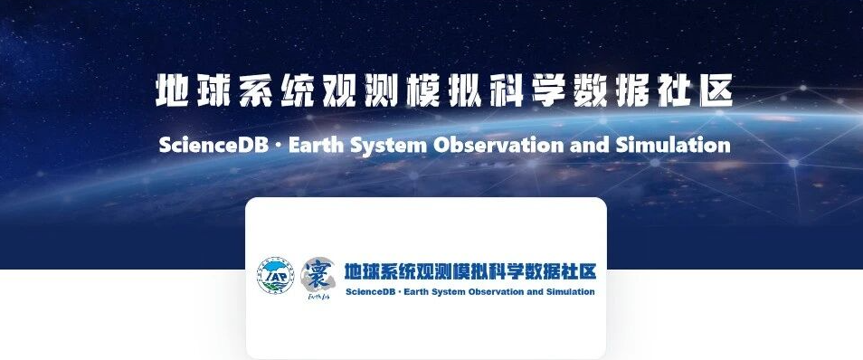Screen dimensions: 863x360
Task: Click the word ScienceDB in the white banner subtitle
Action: pyautogui.click(x=213, y=146)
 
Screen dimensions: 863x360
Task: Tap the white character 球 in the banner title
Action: pyautogui.click(x=214, y=90)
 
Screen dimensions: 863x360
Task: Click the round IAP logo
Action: pyautogui.click(x=276, y=275)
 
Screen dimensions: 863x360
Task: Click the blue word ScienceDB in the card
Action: pyautogui.click(x=369, y=292)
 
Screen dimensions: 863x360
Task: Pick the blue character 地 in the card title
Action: pyautogui.click(x=352, y=272)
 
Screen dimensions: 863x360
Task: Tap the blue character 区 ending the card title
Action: pyautogui.click(x=588, y=272)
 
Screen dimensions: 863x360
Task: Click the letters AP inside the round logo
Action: pyautogui.click(x=279, y=276)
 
